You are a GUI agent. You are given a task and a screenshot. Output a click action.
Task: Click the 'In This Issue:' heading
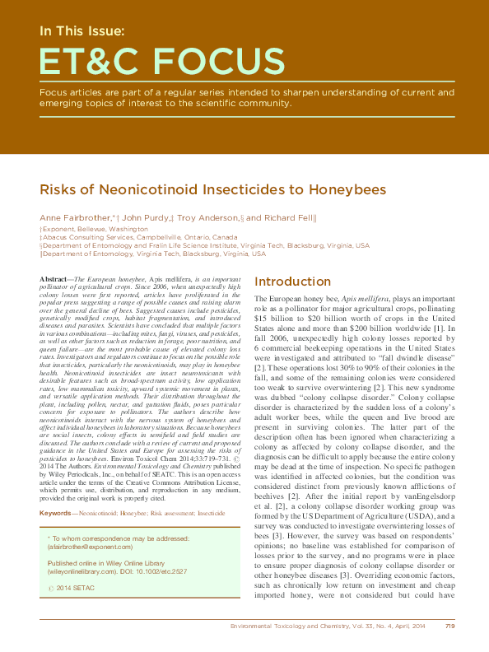pyautogui.click(x=82, y=32)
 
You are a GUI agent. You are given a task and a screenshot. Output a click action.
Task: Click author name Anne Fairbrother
pyautogui.click(x=74, y=217)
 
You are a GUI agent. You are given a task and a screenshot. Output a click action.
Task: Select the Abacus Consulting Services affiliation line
pyautogui.click(x=140, y=236)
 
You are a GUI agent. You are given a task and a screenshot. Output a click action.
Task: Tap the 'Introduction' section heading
pyautogui.click(x=292, y=282)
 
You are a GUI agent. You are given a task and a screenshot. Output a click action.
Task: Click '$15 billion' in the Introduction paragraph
pyautogui.click(x=276, y=316)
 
